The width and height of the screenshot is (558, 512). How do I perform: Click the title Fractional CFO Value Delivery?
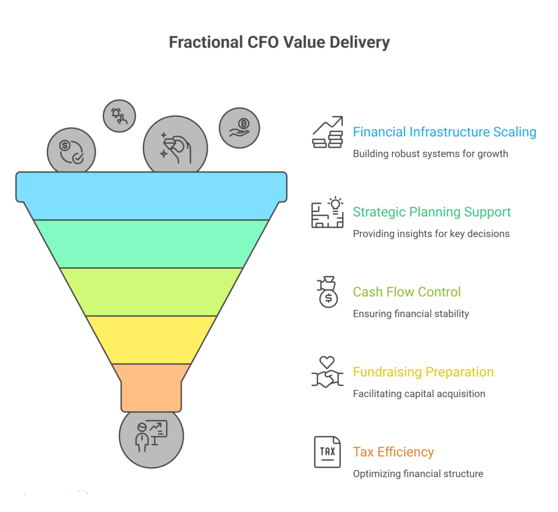click(x=279, y=42)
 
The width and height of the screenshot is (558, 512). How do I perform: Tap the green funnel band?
click(x=151, y=243)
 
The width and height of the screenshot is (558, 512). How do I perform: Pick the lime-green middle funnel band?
click(x=151, y=291)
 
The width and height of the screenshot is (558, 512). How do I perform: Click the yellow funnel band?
click(x=151, y=339)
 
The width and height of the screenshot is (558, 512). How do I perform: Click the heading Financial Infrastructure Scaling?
click(x=444, y=132)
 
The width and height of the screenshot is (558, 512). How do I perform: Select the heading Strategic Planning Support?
click(x=432, y=212)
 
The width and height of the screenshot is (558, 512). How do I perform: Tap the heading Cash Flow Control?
click(x=407, y=292)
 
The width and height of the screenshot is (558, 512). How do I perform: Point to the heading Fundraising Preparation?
click(x=423, y=372)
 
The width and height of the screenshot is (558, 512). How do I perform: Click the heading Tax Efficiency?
click(x=393, y=452)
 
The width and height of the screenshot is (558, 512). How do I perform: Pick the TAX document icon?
click(x=327, y=452)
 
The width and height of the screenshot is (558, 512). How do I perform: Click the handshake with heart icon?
click(x=327, y=372)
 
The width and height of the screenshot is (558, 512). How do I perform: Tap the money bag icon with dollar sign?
click(x=328, y=292)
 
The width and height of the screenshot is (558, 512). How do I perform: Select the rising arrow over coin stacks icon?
click(x=327, y=132)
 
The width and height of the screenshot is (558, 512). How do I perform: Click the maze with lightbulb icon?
click(x=327, y=212)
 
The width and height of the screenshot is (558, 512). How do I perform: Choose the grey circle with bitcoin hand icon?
click(x=239, y=129)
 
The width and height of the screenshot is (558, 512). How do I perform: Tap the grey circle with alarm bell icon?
click(x=119, y=116)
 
